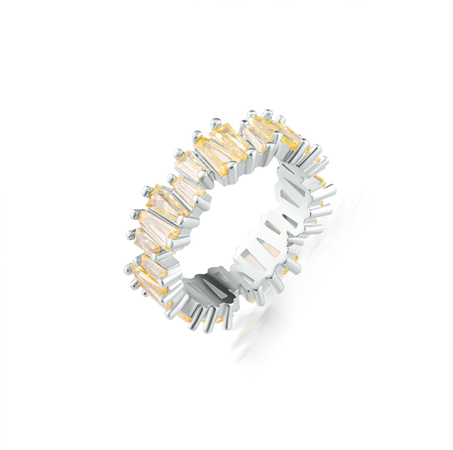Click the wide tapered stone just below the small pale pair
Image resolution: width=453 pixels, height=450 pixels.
coord(166,202)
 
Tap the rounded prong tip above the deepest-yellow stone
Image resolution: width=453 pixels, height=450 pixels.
coord(280,119)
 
